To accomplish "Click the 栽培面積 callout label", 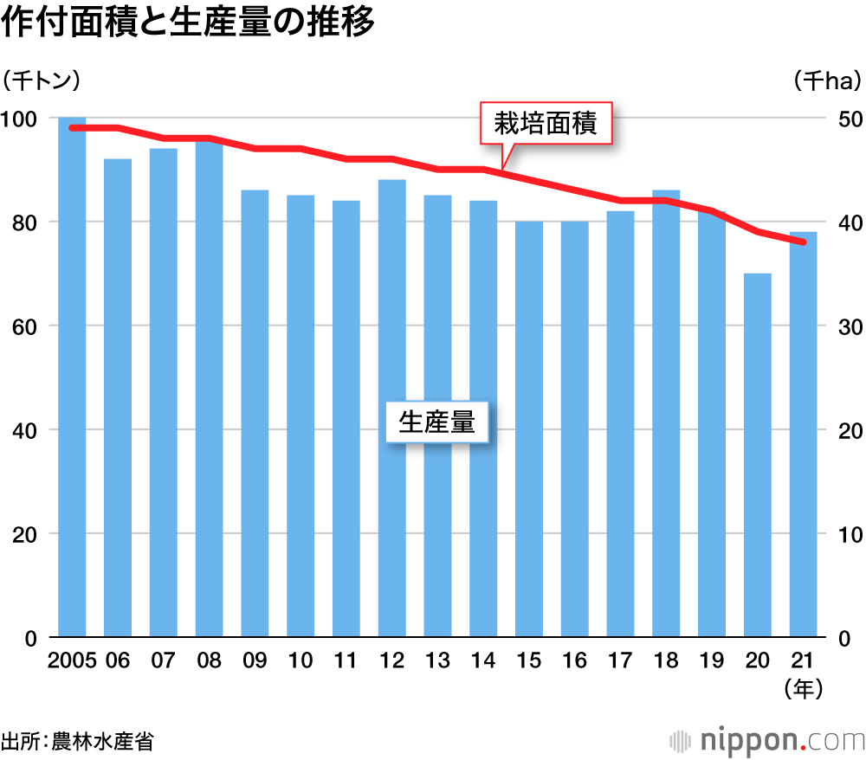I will point(546,125).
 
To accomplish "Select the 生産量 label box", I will point(436,422).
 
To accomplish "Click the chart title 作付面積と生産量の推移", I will point(188,23).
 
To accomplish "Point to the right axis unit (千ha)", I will point(828,81).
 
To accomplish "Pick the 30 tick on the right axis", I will point(846,326).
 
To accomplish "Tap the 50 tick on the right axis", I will point(846,118).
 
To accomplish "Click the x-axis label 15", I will point(528,660).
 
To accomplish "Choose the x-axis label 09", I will point(254,660).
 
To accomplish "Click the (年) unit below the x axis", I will point(802,688).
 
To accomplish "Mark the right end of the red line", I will point(803,242).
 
